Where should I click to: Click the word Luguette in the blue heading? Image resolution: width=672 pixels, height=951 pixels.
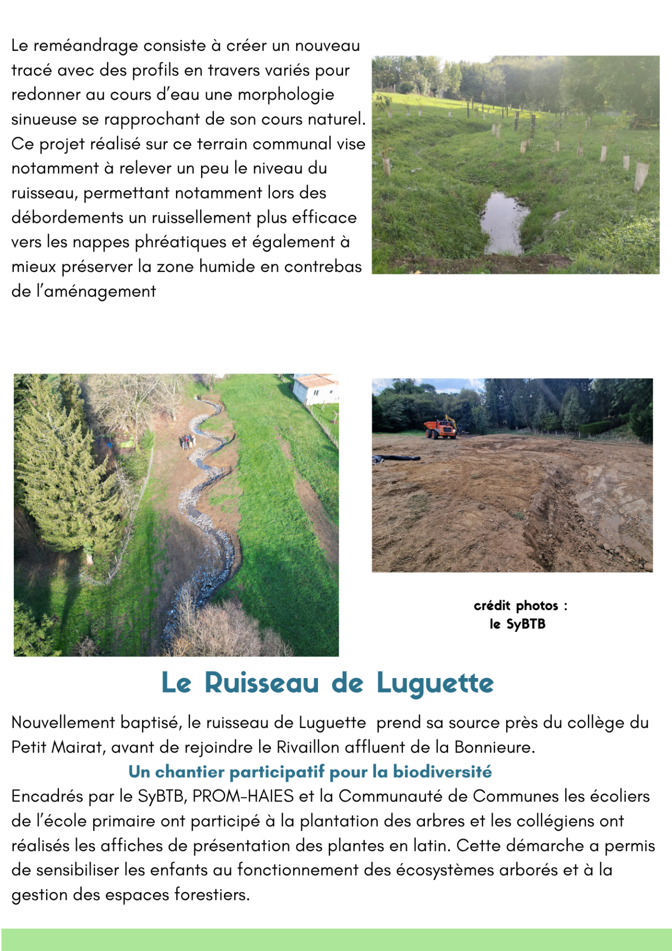(x=435, y=684)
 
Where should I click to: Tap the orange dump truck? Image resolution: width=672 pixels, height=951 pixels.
(x=440, y=428)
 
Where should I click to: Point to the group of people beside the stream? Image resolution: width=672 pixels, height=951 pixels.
(x=187, y=441)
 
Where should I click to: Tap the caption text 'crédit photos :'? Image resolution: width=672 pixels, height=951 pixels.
(x=520, y=606)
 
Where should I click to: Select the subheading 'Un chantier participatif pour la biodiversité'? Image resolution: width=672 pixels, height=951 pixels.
(x=310, y=772)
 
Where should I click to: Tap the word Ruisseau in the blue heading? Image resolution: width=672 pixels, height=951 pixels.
(x=261, y=684)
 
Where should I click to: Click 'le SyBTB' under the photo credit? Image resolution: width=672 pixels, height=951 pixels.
(x=517, y=624)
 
